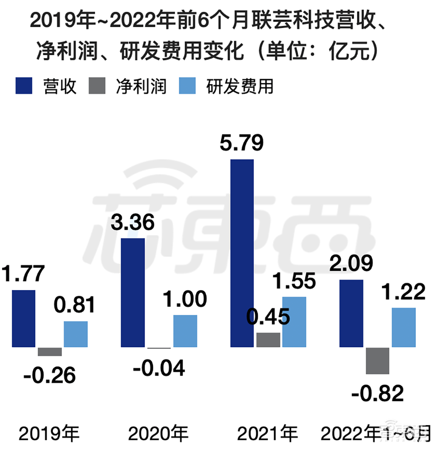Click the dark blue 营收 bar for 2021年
pyautogui.click(x=242, y=253)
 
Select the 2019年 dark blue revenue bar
pyautogui.click(x=24, y=318)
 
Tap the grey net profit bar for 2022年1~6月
pyautogui.click(x=378, y=360)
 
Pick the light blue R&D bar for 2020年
pyautogui.click(x=185, y=331)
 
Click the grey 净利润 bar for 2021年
pyautogui.click(x=268, y=340)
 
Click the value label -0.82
pyautogui.click(x=378, y=394)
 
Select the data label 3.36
pyautogui.click(x=133, y=223)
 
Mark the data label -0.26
pyautogui.click(x=50, y=375)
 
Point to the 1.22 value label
pyautogui.click(x=404, y=292)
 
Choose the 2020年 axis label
pyautogui.click(x=158, y=434)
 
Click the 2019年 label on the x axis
pyautogui.click(x=49, y=434)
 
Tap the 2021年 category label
pyautogui.click(x=267, y=434)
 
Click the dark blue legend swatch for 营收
pyautogui.click(x=24, y=86)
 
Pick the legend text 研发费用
pyautogui.click(x=240, y=86)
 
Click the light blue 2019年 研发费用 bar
pyautogui.click(x=76, y=334)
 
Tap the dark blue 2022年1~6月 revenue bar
pyautogui.click(x=351, y=314)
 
